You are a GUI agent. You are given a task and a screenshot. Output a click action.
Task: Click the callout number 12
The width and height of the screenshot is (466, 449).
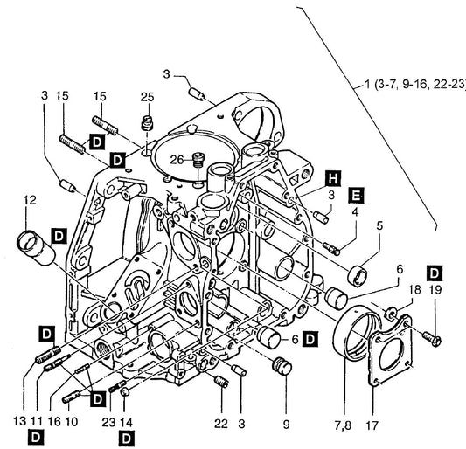tap(30, 200)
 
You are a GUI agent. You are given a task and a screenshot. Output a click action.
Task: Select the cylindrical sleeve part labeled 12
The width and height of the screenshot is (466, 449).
tap(36, 248)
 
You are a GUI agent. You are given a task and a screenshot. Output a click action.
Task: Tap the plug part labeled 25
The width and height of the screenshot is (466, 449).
tap(147, 123)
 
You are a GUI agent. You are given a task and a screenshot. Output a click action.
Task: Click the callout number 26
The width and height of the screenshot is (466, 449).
tap(177, 160)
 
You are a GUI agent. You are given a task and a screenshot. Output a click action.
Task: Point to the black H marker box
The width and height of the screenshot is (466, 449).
tap(333, 178)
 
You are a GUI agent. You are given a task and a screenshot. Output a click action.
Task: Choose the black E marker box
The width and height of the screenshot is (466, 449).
tap(357, 196)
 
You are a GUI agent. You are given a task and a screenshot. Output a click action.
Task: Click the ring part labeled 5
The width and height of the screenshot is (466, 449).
tap(357, 276)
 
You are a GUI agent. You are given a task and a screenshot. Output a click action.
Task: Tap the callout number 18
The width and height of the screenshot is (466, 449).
tap(414, 289)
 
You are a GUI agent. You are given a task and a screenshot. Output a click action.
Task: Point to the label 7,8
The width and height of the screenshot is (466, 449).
tap(343, 425)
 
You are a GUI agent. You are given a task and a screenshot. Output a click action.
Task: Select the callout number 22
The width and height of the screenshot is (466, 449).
tap(221, 424)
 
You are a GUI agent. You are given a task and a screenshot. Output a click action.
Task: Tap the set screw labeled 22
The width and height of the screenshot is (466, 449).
tap(221, 382)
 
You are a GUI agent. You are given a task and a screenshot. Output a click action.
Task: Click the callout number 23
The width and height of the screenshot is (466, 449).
tap(108, 422)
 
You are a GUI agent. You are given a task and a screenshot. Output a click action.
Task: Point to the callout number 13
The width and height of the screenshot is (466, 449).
tap(19, 421)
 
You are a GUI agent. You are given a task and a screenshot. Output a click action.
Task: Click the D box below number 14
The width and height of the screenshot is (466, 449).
tap(126, 439)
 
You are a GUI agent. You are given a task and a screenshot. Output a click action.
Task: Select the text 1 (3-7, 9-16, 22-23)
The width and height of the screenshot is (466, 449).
tap(415, 85)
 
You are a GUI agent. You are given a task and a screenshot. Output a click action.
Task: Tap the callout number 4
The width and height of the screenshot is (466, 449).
tap(355, 212)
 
